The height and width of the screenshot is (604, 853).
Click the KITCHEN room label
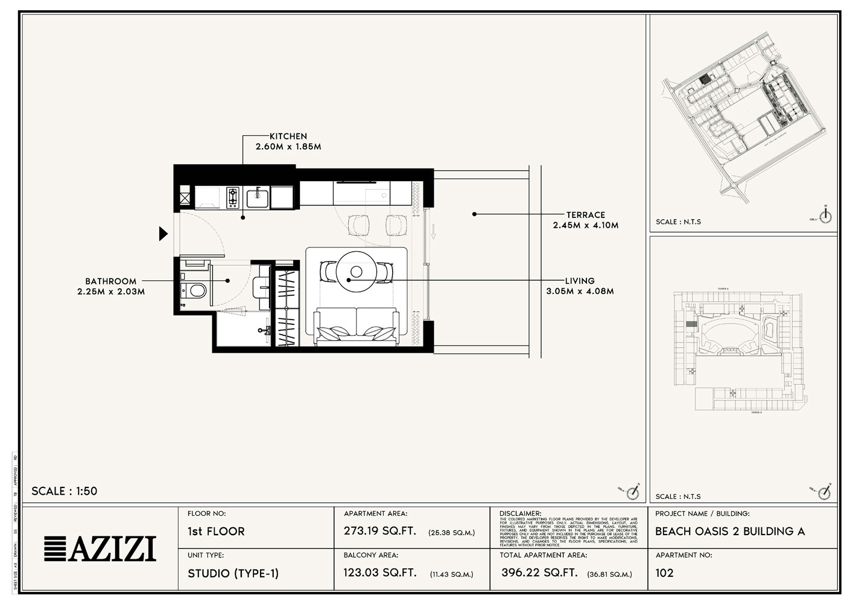pos(288,137)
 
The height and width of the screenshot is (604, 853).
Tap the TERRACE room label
pos(585,215)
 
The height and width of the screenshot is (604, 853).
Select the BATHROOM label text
pos(110,281)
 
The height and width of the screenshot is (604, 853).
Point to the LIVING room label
pos(579,281)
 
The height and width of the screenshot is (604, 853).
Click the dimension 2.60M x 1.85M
pos(288,147)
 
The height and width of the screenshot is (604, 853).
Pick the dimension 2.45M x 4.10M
pos(585,225)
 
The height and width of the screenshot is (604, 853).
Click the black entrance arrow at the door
pos(163,233)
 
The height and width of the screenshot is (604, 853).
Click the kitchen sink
pos(258,197)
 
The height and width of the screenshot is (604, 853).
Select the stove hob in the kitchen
pos(233,198)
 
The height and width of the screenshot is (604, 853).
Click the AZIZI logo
pos(100,548)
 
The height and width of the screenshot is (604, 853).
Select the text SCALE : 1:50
pos(64,491)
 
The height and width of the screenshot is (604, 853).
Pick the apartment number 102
pos(664,573)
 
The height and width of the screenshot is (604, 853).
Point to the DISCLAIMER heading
pos(521,513)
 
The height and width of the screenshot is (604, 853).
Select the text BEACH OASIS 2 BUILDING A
pos(730,532)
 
